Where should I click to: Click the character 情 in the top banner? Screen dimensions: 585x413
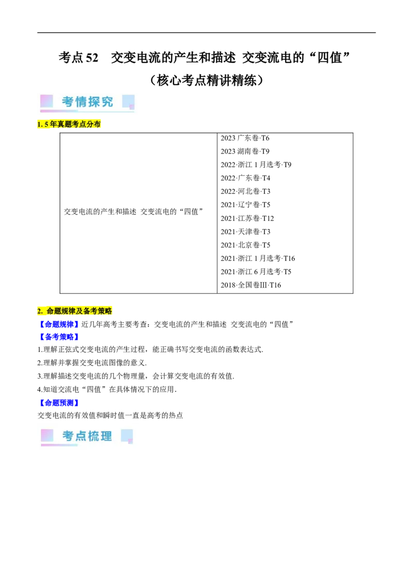[81, 102]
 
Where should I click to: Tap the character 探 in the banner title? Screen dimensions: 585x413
[94, 102]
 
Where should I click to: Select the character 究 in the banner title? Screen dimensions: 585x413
[107, 102]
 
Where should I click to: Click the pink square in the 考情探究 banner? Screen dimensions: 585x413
[46, 101]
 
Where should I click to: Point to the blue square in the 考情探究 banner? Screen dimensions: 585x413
[128, 101]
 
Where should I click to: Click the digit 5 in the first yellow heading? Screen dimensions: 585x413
[46, 125]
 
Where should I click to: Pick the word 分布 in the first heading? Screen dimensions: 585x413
[95, 125]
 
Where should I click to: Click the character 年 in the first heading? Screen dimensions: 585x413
[53, 125]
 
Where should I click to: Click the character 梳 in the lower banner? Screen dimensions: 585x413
[93, 436]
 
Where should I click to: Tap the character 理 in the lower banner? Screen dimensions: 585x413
[106, 436]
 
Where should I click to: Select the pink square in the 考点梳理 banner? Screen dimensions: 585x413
[47, 435]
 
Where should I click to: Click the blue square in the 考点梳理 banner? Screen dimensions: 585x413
[126, 435]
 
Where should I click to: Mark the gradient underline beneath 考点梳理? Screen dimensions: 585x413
[59, 444]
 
